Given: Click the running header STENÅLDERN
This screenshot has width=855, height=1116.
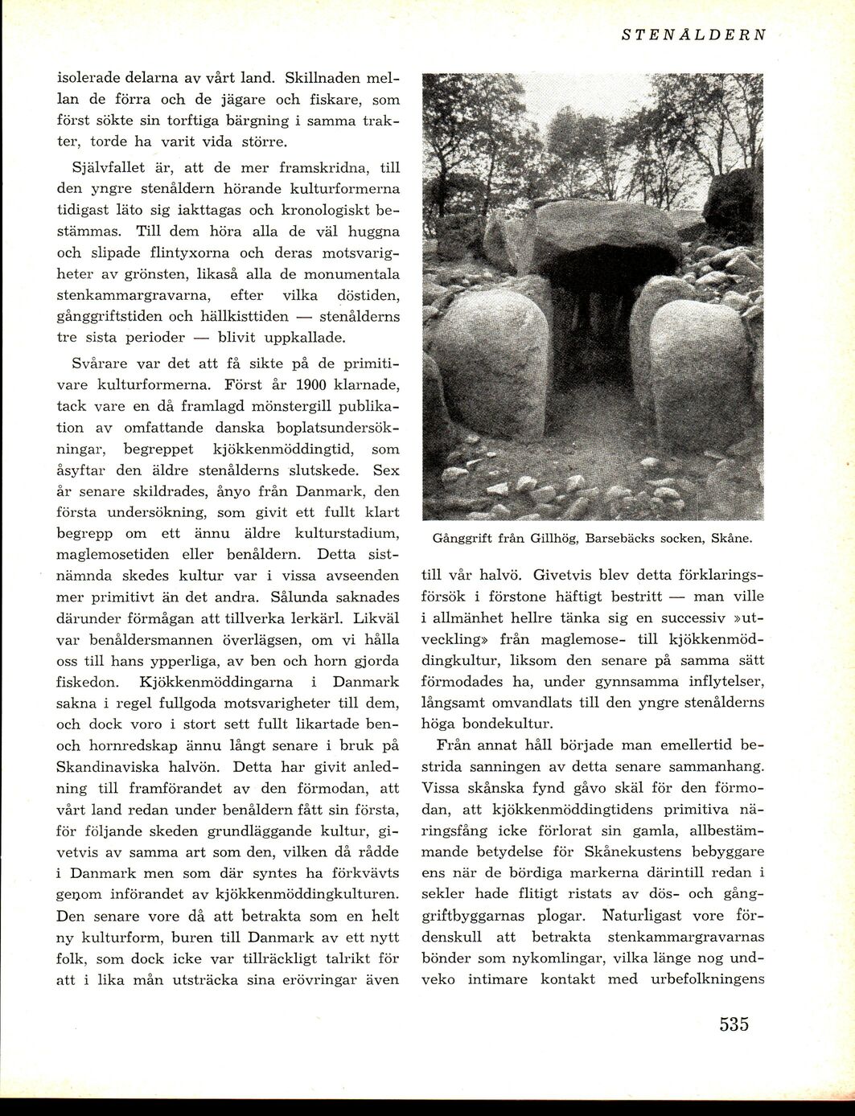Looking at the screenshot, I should (693, 35).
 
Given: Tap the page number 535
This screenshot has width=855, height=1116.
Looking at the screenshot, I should (734, 1024).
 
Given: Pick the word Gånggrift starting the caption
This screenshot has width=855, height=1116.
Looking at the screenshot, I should (462, 538).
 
